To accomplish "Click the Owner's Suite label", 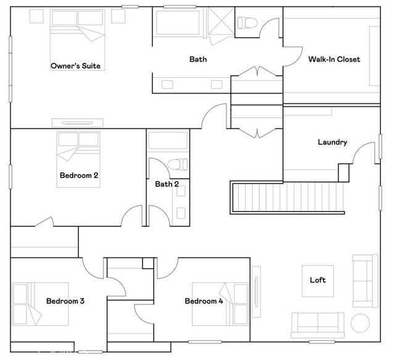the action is [x=75, y=66].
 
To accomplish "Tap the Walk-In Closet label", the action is [x=334, y=59].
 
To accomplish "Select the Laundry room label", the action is [x=332, y=142].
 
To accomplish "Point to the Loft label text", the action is [x=318, y=280].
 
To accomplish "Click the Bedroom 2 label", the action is [x=79, y=175].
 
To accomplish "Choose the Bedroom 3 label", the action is [x=65, y=301].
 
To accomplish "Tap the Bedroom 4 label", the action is [x=204, y=301].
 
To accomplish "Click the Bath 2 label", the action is [x=167, y=184].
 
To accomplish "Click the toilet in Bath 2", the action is [x=178, y=164].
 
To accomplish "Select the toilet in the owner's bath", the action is [x=247, y=23].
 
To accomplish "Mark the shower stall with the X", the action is [x=221, y=20].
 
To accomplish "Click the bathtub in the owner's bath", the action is [x=178, y=23].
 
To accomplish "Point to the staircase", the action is [x=288, y=198].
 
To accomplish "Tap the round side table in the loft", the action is [x=360, y=323].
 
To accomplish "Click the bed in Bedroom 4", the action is [x=220, y=304].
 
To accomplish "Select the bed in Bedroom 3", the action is [x=40, y=304].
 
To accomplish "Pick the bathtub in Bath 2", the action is [x=168, y=140].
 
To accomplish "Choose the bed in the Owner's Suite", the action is [x=78, y=40].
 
